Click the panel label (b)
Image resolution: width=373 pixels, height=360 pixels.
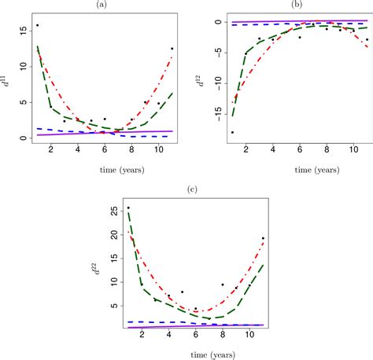[x=297, y=5]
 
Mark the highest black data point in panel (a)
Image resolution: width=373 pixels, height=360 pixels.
[x=37, y=26]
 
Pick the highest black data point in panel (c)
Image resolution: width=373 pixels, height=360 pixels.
[x=128, y=208]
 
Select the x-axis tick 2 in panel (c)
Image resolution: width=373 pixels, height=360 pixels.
[x=142, y=338]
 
